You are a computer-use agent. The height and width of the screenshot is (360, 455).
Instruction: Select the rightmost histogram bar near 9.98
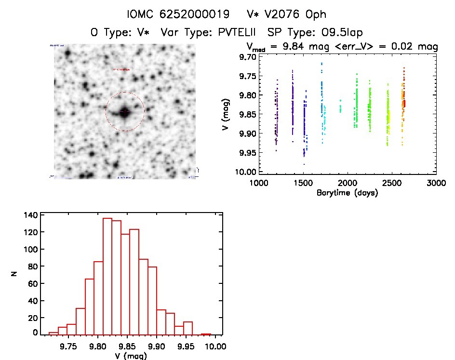206,333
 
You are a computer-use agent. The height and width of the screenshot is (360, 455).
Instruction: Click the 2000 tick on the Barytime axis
347,183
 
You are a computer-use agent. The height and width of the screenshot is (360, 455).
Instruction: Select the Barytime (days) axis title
347,193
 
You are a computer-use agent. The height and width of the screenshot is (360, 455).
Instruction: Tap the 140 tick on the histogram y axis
31,215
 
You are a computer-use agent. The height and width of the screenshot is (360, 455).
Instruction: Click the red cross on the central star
124,112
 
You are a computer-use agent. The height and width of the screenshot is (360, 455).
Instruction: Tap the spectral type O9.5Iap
337,32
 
